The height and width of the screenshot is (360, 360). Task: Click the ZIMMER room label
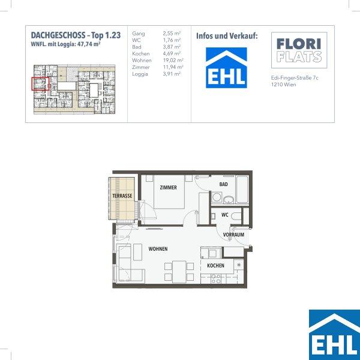coord(168,187)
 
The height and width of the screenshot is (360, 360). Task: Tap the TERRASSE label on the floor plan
coord(122,196)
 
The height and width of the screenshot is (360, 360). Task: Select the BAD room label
coord(223,184)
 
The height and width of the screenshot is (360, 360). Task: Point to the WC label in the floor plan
coord(225,215)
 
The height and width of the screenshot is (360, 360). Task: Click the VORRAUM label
coord(233,235)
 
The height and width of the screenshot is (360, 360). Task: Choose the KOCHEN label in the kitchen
coord(215,266)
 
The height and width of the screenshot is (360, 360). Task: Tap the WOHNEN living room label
coord(158,249)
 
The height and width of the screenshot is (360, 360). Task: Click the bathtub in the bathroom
coord(242,190)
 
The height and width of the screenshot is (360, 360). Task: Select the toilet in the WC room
coord(236,216)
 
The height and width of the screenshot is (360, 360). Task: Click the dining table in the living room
coord(179,272)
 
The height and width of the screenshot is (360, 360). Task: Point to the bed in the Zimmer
coord(169,192)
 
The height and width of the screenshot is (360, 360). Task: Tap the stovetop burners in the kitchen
coord(216,279)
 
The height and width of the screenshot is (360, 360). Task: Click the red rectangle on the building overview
coord(40,84)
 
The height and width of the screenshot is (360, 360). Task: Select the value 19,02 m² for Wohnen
coord(173,61)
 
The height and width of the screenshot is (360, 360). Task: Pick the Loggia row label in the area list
coord(140,74)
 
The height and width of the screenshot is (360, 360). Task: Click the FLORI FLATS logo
coord(299,50)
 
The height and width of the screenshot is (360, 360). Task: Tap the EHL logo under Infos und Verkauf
coord(226,68)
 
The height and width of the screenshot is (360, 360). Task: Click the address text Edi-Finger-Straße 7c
coord(295,78)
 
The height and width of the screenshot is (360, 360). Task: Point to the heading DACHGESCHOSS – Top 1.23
coord(76,35)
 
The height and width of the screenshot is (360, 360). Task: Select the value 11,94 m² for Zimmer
coord(173,67)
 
